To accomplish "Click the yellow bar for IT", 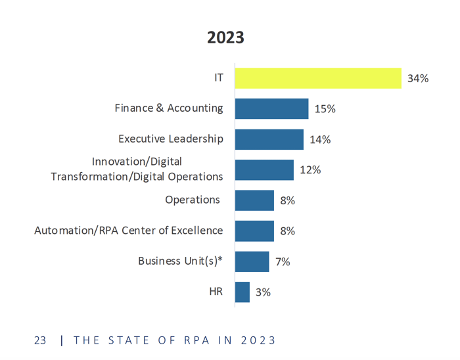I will tap(318, 78).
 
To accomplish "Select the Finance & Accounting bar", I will tap(271, 108).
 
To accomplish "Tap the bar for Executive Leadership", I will tap(269, 139).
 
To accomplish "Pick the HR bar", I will tap(242, 292).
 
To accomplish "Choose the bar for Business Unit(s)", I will tap(252, 261).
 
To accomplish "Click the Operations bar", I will tap(254, 200).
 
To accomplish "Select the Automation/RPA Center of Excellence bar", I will tap(254, 231).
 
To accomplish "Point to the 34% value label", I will tap(418, 79).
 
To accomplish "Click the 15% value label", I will tap(325, 109).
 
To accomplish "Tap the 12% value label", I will tap(310, 170).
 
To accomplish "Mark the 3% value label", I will tap(263, 292).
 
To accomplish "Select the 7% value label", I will tap(283, 261).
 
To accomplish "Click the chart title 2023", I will tap(225, 37).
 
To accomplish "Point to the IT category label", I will tap(218, 78).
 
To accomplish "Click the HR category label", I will tap(216, 291).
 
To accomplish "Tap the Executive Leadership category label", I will tap(170, 139).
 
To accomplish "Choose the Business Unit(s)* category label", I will tap(180, 261).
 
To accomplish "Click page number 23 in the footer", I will tap(40, 340).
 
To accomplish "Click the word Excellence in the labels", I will tap(195, 231).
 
